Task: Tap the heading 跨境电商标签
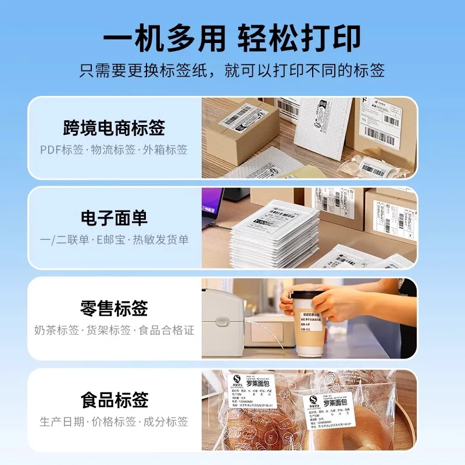pos(114,127)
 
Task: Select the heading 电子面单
pos(114,218)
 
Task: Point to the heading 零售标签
pos(114,308)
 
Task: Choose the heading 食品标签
pos(114,400)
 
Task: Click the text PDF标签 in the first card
pos(62,150)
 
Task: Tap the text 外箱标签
pos(167,150)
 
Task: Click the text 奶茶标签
pos(56,330)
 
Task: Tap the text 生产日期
pos(62,421)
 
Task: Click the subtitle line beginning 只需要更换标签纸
pos(232,71)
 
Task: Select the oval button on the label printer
pos(220,320)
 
